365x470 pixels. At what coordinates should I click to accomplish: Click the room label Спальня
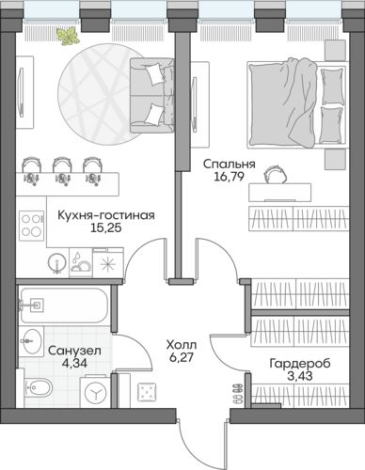[x=230, y=164]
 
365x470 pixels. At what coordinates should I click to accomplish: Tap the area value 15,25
[x=106, y=228]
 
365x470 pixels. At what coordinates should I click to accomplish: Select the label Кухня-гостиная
[x=106, y=215]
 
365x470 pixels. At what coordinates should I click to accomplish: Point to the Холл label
[x=182, y=345]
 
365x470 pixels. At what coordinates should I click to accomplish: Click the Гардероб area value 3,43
[x=300, y=376]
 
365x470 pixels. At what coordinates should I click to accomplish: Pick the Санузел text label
[x=74, y=351]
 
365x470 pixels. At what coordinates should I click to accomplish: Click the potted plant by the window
[x=68, y=36]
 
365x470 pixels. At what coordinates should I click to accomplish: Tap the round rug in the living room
[x=101, y=94]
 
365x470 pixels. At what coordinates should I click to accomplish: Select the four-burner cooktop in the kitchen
[x=31, y=226]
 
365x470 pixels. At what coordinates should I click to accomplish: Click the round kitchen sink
[x=57, y=263]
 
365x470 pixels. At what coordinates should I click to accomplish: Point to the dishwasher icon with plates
[x=81, y=262]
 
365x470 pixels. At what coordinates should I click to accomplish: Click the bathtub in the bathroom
[x=64, y=305]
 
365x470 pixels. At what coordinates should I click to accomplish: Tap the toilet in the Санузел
[x=38, y=387]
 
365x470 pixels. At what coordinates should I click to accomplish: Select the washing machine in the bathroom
[x=95, y=392]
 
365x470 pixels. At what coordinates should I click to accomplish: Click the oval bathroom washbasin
[x=31, y=341]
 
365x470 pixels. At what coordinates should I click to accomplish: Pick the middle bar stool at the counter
[x=62, y=171]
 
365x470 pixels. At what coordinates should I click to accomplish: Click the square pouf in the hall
[x=147, y=392]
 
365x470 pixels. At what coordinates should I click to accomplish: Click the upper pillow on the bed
[x=332, y=86]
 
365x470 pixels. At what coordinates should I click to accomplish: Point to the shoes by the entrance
[x=238, y=393]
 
